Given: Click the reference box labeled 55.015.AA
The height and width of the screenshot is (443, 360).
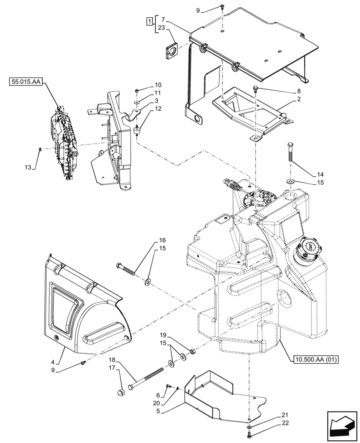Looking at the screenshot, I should point(25,82).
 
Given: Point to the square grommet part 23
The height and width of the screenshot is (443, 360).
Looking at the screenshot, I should point(170,50).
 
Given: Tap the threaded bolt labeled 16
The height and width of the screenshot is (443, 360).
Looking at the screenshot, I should point(126,269).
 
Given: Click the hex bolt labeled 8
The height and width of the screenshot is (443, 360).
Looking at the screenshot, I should point(256,89).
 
